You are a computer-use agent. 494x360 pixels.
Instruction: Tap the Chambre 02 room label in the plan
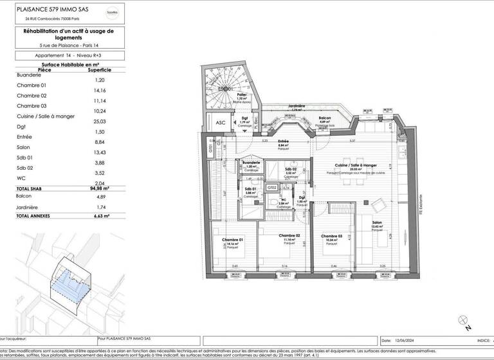click(290, 236)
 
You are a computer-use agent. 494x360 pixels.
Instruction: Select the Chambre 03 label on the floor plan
click(333, 236)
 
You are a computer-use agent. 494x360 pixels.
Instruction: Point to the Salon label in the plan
click(376, 224)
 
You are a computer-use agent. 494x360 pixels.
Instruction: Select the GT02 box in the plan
click(272, 187)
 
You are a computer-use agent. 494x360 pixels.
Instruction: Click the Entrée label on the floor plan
click(283, 142)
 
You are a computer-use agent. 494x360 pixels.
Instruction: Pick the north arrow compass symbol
click(461, 319)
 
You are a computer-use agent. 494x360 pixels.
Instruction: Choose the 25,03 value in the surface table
click(99, 121)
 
